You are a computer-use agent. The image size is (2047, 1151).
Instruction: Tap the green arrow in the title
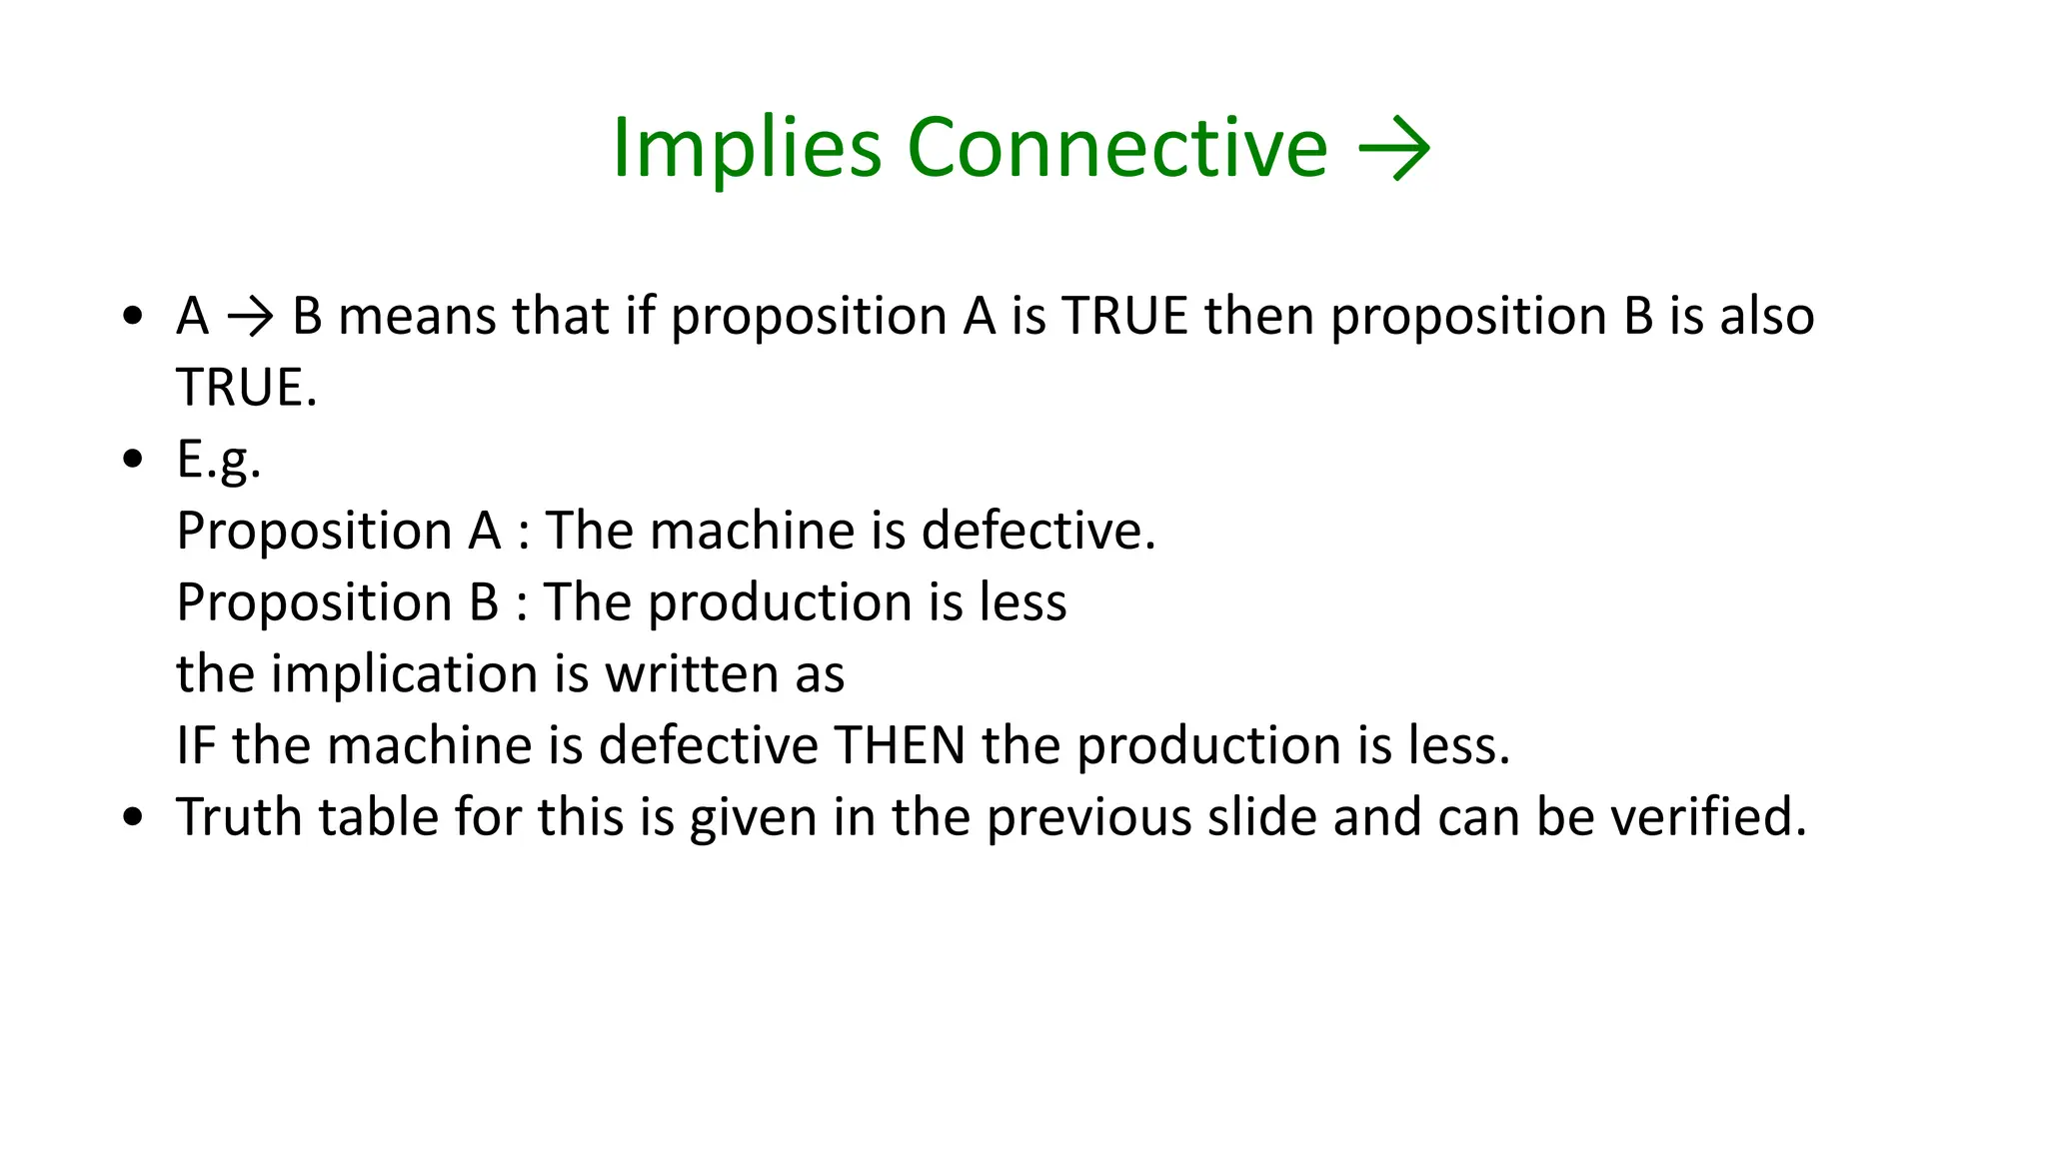[1394, 150]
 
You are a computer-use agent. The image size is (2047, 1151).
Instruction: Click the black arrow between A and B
[250, 318]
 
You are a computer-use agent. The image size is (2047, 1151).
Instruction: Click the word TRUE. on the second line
[247, 388]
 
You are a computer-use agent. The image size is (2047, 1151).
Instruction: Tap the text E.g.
[219, 460]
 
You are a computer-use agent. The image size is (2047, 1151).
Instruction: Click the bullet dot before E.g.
[133, 460]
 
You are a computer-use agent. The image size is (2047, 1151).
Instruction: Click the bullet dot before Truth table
[133, 817]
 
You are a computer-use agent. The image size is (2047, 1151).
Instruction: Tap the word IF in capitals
[196, 746]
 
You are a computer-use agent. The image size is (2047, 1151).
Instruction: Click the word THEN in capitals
[900, 746]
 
